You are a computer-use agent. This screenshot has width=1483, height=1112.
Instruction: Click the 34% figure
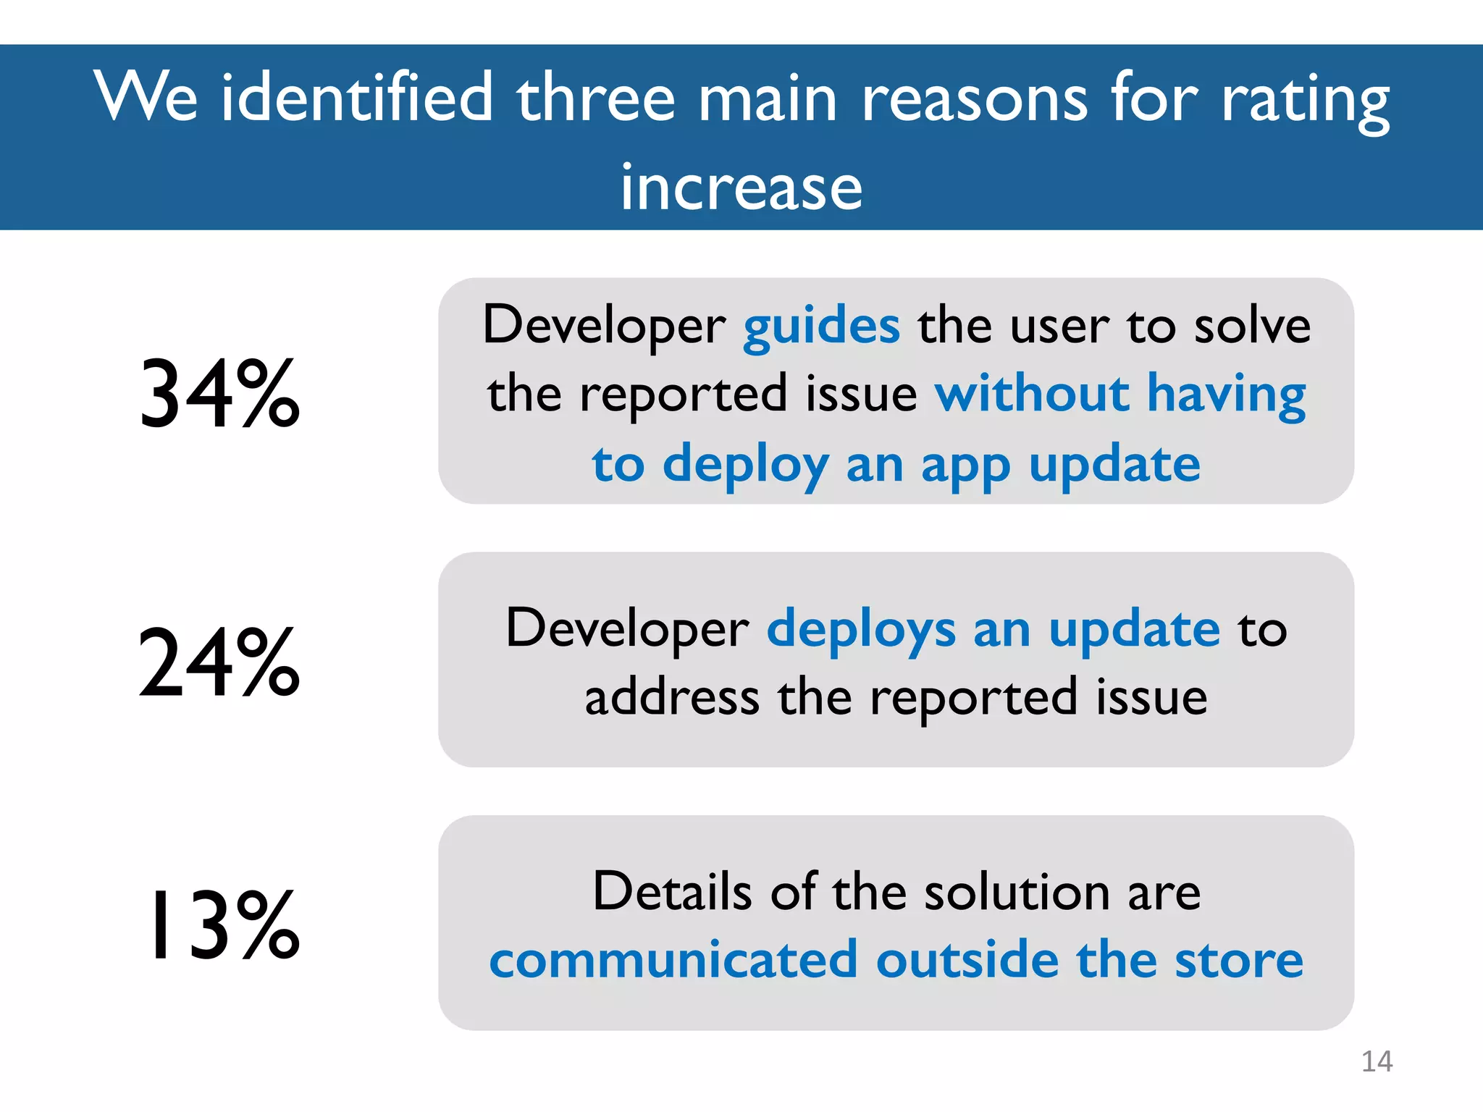[x=219, y=395]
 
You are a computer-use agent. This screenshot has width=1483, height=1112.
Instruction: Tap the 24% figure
[x=219, y=663]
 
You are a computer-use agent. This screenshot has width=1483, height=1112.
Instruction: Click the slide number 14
[x=1377, y=1061]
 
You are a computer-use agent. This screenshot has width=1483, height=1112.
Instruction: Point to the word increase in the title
[x=741, y=188]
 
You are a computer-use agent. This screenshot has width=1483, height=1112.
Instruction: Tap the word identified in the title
[x=357, y=98]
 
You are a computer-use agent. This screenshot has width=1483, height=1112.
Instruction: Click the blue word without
[x=1032, y=395]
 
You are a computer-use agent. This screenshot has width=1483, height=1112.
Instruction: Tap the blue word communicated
[x=673, y=961]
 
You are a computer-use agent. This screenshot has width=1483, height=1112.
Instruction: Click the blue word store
[x=1238, y=961]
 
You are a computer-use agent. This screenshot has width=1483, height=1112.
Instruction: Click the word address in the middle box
[x=672, y=698]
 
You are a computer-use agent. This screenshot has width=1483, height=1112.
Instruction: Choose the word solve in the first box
[x=1252, y=326]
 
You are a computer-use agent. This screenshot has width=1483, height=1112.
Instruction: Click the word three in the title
[x=595, y=98]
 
